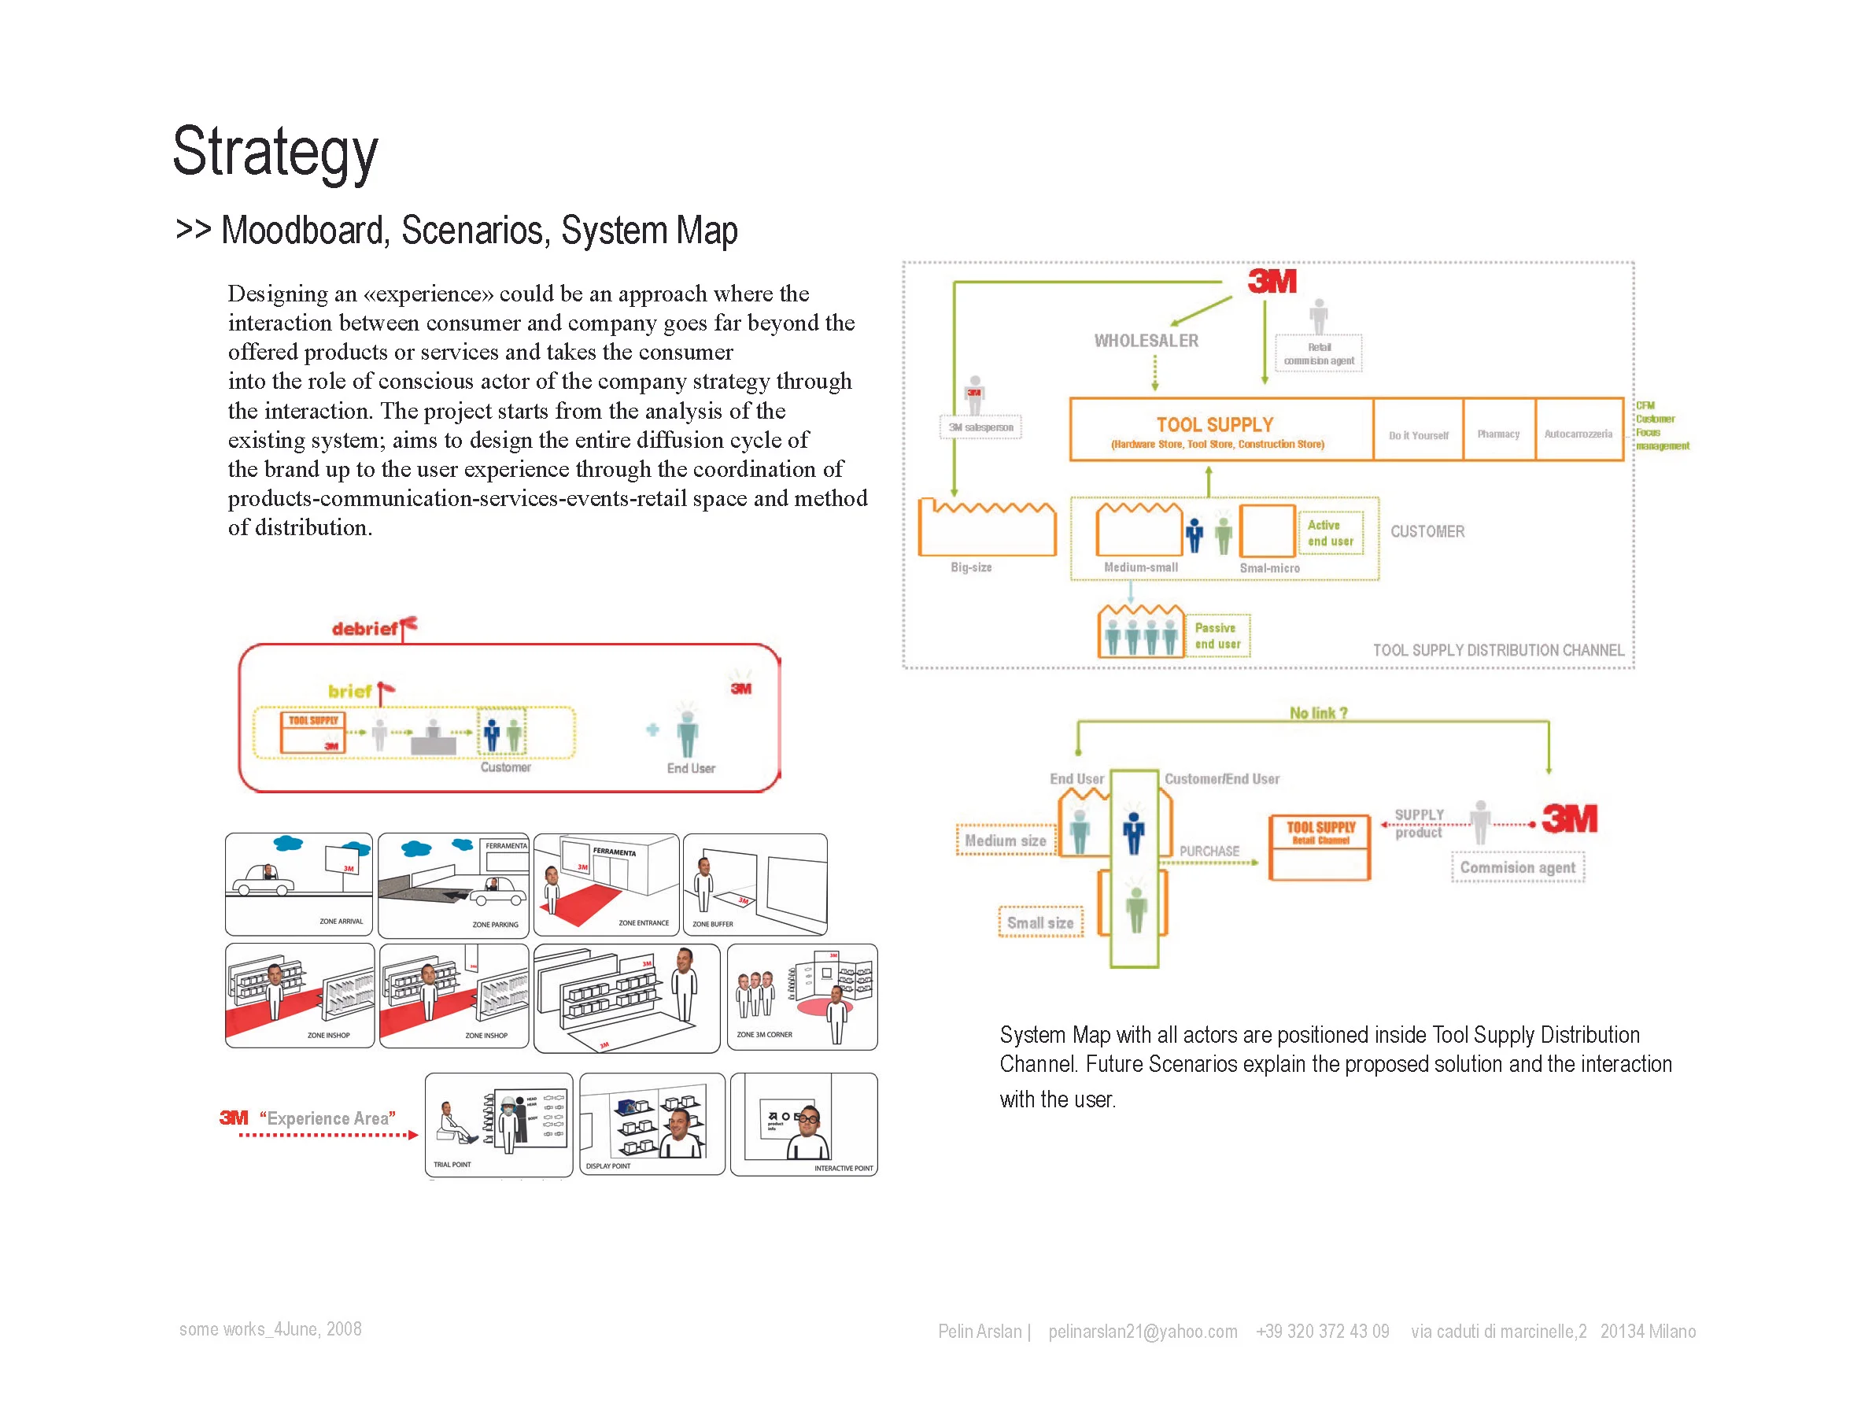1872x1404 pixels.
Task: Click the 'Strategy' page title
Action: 275,153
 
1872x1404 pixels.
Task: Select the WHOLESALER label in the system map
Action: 1146,341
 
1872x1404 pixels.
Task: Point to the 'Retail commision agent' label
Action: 1319,353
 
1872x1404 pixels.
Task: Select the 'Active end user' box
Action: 1331,533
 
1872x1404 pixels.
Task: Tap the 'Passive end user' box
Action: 1217,636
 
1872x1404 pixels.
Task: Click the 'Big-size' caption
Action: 971,567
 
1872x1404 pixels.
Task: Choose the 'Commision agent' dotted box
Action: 1517,867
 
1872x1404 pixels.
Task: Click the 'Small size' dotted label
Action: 1040,923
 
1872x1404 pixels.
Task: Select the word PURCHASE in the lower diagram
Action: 1209,852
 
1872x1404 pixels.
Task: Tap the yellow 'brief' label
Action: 349,692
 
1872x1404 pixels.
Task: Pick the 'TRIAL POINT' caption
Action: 452,1165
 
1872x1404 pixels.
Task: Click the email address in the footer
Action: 1143,1332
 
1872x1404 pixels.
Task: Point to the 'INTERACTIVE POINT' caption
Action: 843,1168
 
